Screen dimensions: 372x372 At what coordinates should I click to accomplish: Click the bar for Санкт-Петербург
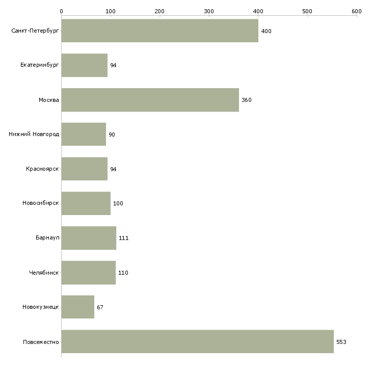pyautogui.click(x=160, y=31)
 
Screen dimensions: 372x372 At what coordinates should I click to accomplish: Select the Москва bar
pyautogui.click(x=150, y=100)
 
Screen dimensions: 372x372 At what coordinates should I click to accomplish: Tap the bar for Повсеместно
pyautogui.click(x=198, y=341)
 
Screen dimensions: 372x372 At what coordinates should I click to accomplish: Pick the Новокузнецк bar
pyautogui.click(x=78, y=307)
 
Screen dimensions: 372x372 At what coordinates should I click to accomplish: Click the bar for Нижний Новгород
pyautogui.click(x=84, y=135)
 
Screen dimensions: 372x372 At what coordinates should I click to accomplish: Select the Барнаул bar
pyautogui.click(x=89, y=238)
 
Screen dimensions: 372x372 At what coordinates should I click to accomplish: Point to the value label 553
pyautogui.click(x=341, y=342)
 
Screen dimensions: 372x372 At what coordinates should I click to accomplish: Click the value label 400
pyautogui.click(x=266, y=31)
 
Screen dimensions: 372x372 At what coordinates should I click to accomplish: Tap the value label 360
pyautogui.click(x=247, y=100)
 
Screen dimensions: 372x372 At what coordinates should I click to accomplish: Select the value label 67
pyautogui.click(x=100, y=307)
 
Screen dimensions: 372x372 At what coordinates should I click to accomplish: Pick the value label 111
pyautogui.click(x=124, y=238)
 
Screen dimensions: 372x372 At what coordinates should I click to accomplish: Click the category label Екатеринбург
pyautogui.click(x=39, y=65)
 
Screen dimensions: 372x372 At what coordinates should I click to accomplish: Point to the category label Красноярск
pyautogui.click(x=42, y=169)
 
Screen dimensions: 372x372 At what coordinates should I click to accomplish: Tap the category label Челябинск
pyautogui.click(x=44, y=273)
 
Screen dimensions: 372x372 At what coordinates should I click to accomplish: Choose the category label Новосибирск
pyautogui.click(x=41, y=203)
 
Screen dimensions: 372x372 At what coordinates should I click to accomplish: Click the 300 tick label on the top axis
pyautogui.click(x=209, y=11)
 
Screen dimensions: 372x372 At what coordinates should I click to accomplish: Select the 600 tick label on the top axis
pyautogui.click(x=357, y=11)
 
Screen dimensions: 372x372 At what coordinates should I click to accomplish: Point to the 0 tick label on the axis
pyautogui.click(x=62, y=11)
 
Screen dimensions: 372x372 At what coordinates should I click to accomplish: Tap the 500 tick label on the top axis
pyautogui.click(x=307, y=11)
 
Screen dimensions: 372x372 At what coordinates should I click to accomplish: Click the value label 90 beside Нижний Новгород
pyautogui.click(x=112, y=135)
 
